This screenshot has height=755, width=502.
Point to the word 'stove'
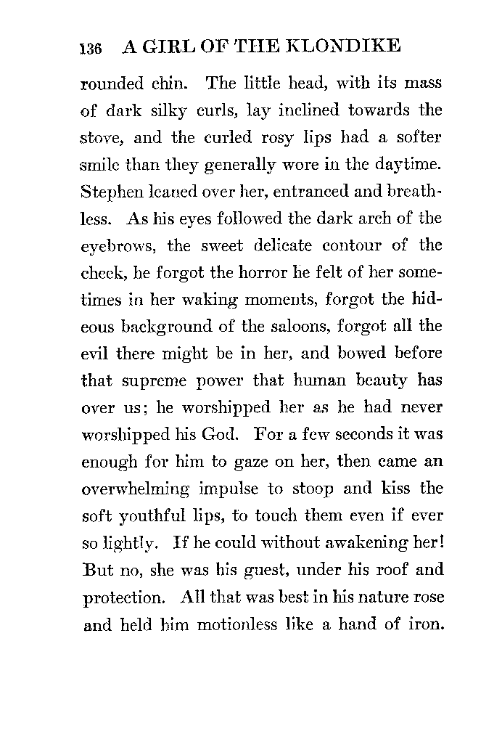click(x=99, y=138)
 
